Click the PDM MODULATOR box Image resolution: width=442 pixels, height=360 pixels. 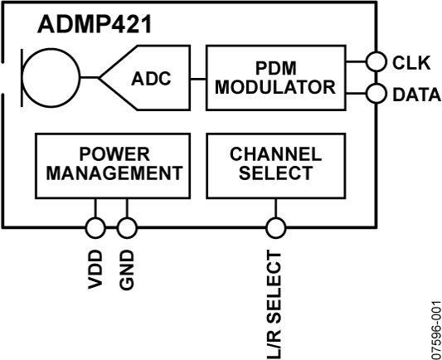(x=274, y=77)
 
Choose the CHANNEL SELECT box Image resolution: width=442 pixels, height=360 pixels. (x=275, y=165)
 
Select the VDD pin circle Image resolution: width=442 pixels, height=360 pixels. (x=95, y=226)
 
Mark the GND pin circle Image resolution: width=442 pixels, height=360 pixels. (x=125, y=226)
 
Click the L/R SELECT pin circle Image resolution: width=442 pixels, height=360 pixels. (x=275, y=226)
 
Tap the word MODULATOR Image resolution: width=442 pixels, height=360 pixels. (x=274, y=87)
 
